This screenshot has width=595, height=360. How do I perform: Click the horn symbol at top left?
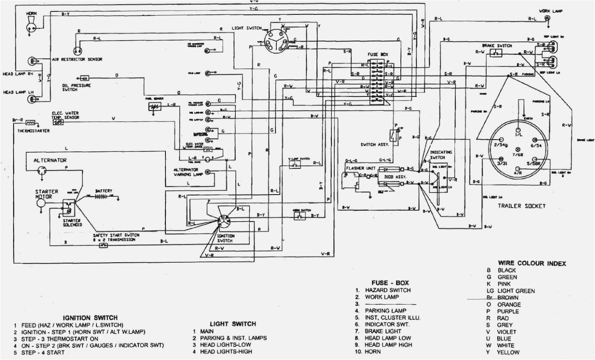point(31,24)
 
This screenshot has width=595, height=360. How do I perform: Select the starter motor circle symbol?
point(41,203)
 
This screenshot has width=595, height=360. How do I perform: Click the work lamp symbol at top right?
point(547,18)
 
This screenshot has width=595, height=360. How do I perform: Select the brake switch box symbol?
point(496,53)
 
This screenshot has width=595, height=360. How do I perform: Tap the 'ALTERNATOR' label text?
point(50,160)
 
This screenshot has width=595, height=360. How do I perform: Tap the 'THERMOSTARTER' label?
point(33,130)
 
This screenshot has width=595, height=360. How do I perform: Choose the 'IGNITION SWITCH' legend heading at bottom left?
point(90,318)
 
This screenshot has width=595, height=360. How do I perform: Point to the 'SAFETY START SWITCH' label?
point(116,235)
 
